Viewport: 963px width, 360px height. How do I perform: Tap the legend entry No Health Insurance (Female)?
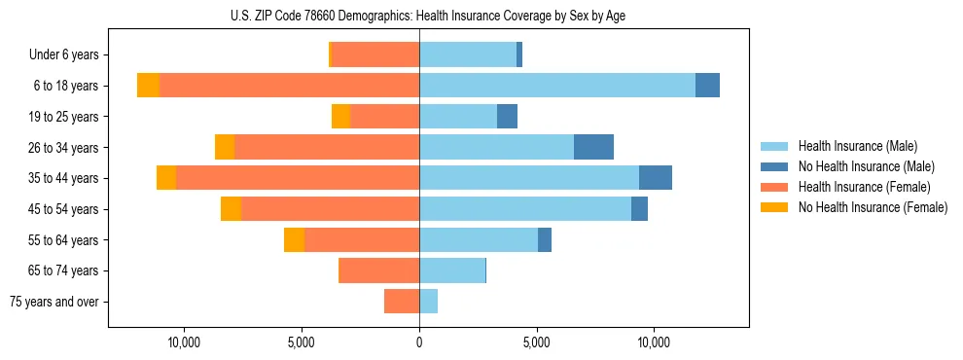pos(873,207)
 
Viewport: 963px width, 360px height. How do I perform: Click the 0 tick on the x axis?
pos(419,342)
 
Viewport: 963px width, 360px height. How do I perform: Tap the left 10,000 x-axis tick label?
pos(184,342)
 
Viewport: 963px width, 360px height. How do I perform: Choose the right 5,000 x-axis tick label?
pos(537,342)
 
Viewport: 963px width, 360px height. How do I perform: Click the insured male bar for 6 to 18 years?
pos(557,86)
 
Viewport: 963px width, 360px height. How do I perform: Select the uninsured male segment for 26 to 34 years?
pos(593,147)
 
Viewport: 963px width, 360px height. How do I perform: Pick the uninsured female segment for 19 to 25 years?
pos(340,117)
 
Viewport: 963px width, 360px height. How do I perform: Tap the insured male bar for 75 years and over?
pos(428,302)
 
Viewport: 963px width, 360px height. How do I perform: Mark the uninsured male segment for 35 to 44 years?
pos(656,178)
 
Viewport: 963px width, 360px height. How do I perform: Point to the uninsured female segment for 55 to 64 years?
pos(294,239)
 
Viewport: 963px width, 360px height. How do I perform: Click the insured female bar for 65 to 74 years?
pos(378,270)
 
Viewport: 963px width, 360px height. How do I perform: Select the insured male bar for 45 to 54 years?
pos(525,209)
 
